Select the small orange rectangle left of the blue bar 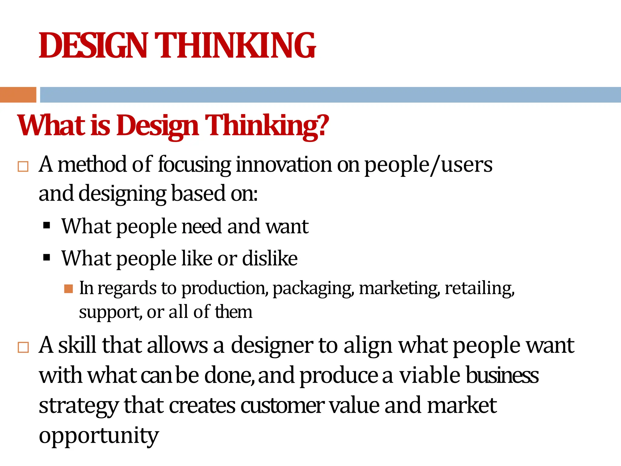(x=18, y=95)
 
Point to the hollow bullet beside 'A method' (x=23, y=167)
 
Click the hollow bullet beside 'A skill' (x=23, y=347)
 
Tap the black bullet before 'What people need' (x=46, y=225)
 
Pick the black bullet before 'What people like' (x=46, y=258)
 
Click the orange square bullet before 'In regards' (x=69, y=289)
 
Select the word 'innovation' (x=284, y=165)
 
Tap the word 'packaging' (x=313, y=289)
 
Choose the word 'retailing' (x=479, y=288)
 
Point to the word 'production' (x=225, y=289)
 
